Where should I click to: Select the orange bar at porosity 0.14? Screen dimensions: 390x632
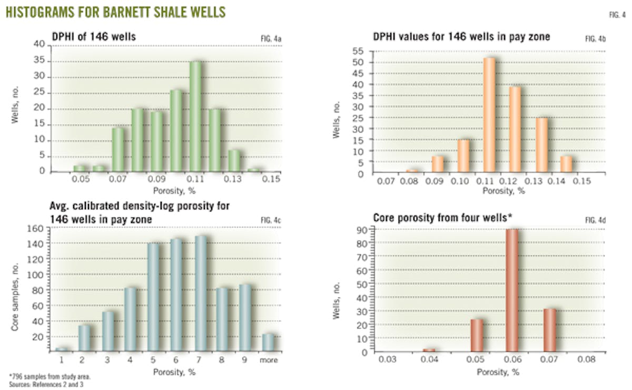(566, 164)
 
